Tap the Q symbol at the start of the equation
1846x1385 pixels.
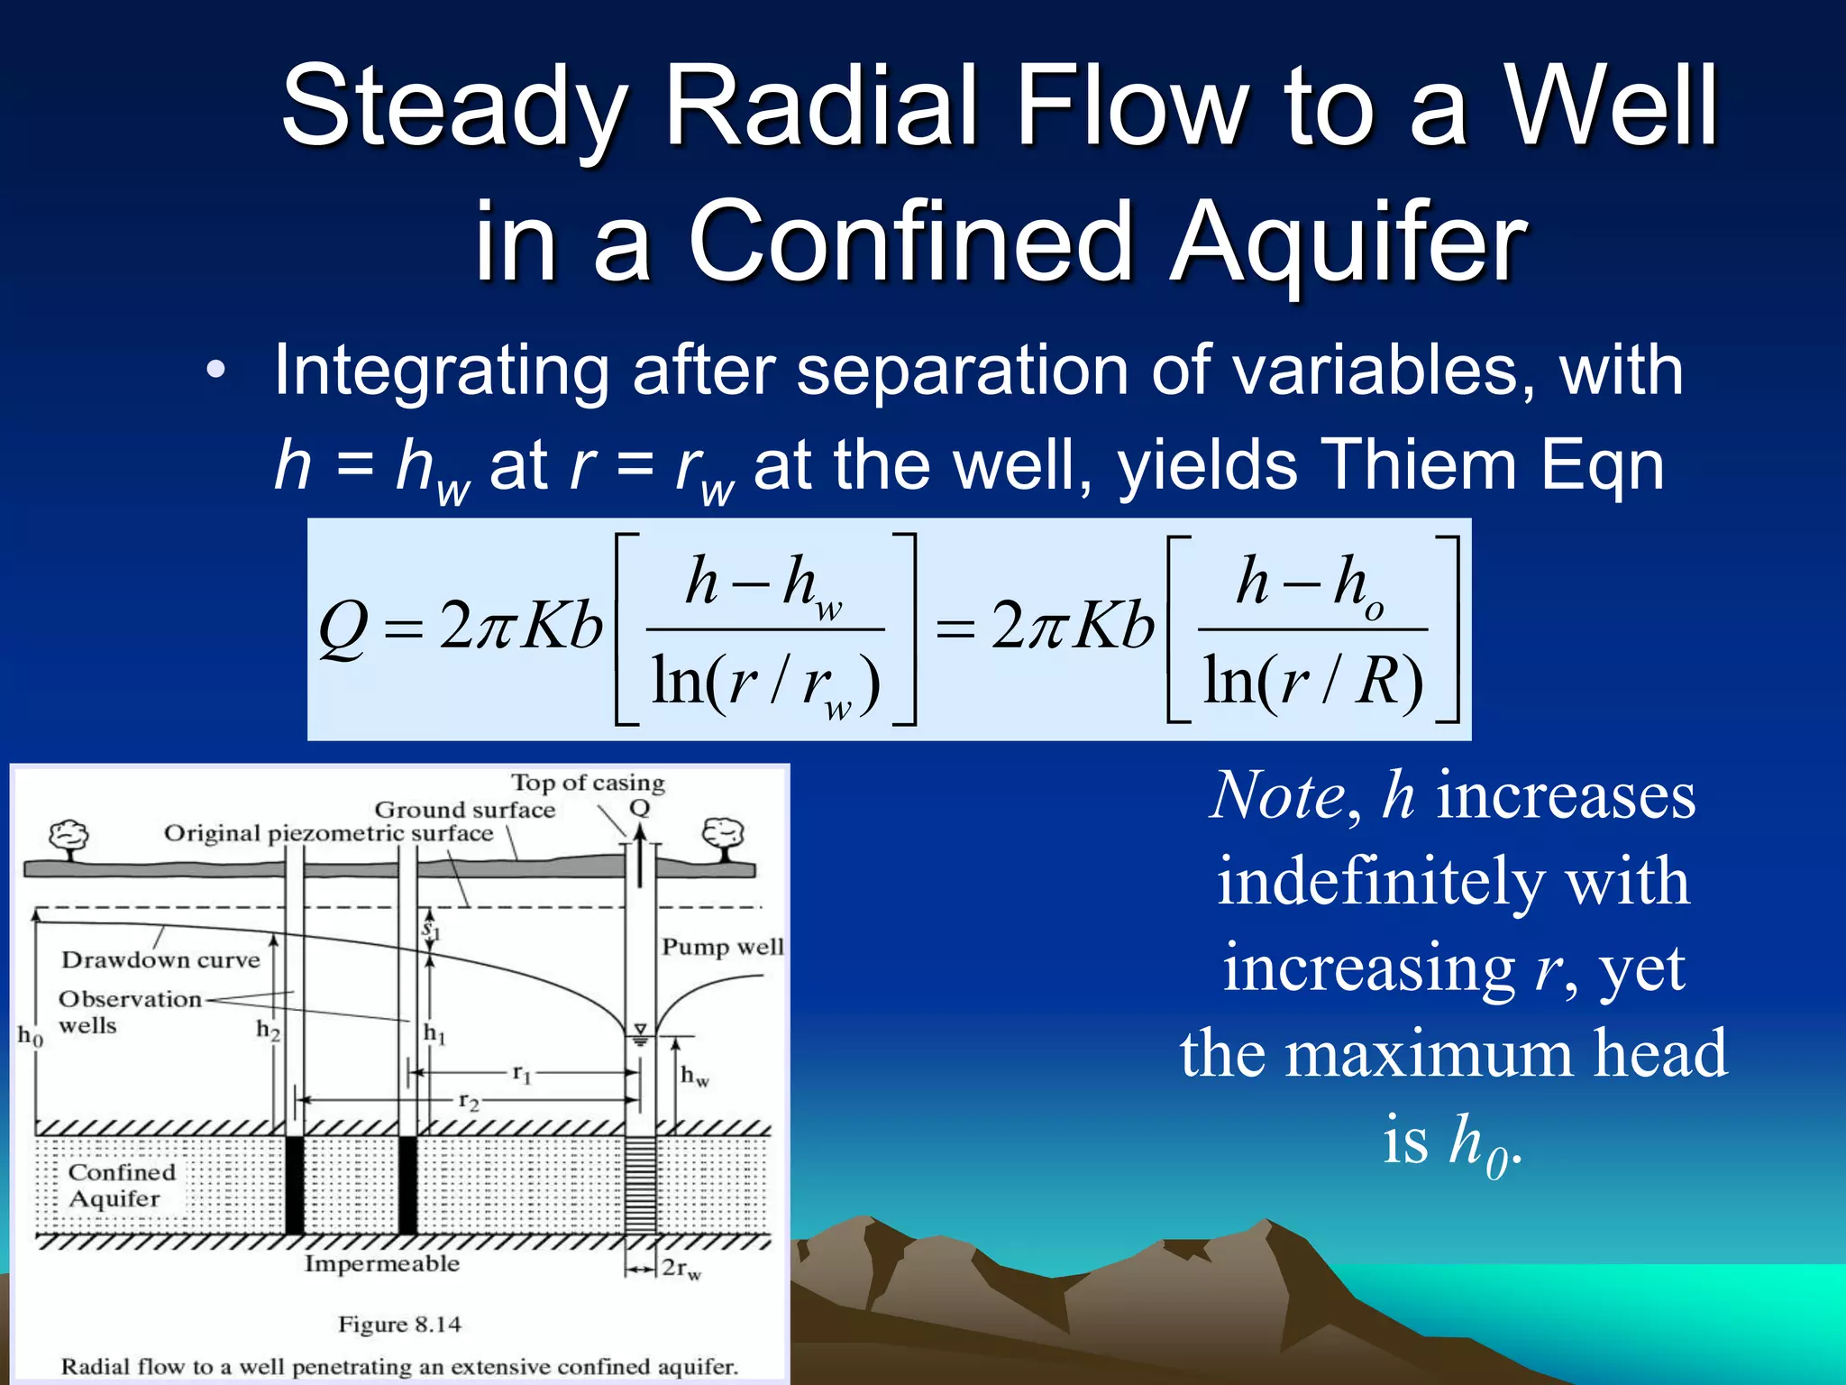point(343,628)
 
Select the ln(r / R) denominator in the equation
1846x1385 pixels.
point(1312,681)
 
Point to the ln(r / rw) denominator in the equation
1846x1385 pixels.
point(764,683)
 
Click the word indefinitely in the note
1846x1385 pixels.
point(1452,882)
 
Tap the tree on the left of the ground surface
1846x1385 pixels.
point(69,839)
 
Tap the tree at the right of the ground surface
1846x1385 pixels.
point(723,837)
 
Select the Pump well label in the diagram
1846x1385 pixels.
point(722,947)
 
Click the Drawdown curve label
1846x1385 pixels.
point(160,959)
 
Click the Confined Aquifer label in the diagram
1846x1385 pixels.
point(121,1185)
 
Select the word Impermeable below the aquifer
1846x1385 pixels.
point(381,1264)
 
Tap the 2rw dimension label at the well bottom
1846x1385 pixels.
point(681,1269)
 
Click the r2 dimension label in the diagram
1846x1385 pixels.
point(469,1101)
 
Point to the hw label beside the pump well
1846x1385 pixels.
point(694,1075)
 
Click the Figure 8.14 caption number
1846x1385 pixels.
point(399,1325)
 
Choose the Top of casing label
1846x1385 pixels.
point(588,783)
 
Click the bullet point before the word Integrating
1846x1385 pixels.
point(215,371)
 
